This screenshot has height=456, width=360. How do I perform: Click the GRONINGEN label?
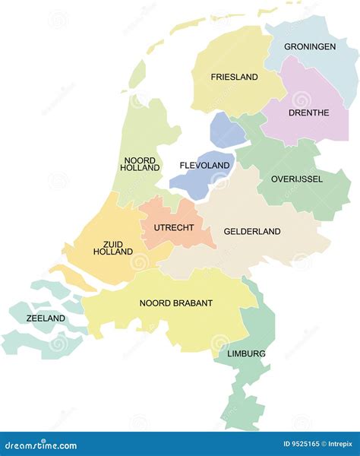pos(310,47)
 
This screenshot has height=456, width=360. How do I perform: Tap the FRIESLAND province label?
pos(235,77)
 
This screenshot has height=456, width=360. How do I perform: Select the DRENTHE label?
pos(308,112)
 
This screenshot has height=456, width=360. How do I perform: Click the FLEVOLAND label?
pos(204,166)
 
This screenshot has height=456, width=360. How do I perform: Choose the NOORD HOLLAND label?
pos(140,164)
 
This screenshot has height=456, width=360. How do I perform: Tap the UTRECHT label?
pos(174,227)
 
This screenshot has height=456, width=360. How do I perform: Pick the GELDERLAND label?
pos(252,231)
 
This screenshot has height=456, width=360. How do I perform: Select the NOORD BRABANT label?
pos(176,302)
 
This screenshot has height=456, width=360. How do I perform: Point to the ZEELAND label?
pos(46,318)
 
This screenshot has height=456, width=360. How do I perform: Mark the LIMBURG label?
pos(246,353)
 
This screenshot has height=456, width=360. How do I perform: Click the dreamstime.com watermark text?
pos(39,445)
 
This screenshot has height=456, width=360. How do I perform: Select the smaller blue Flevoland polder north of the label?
pos(226,131)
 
